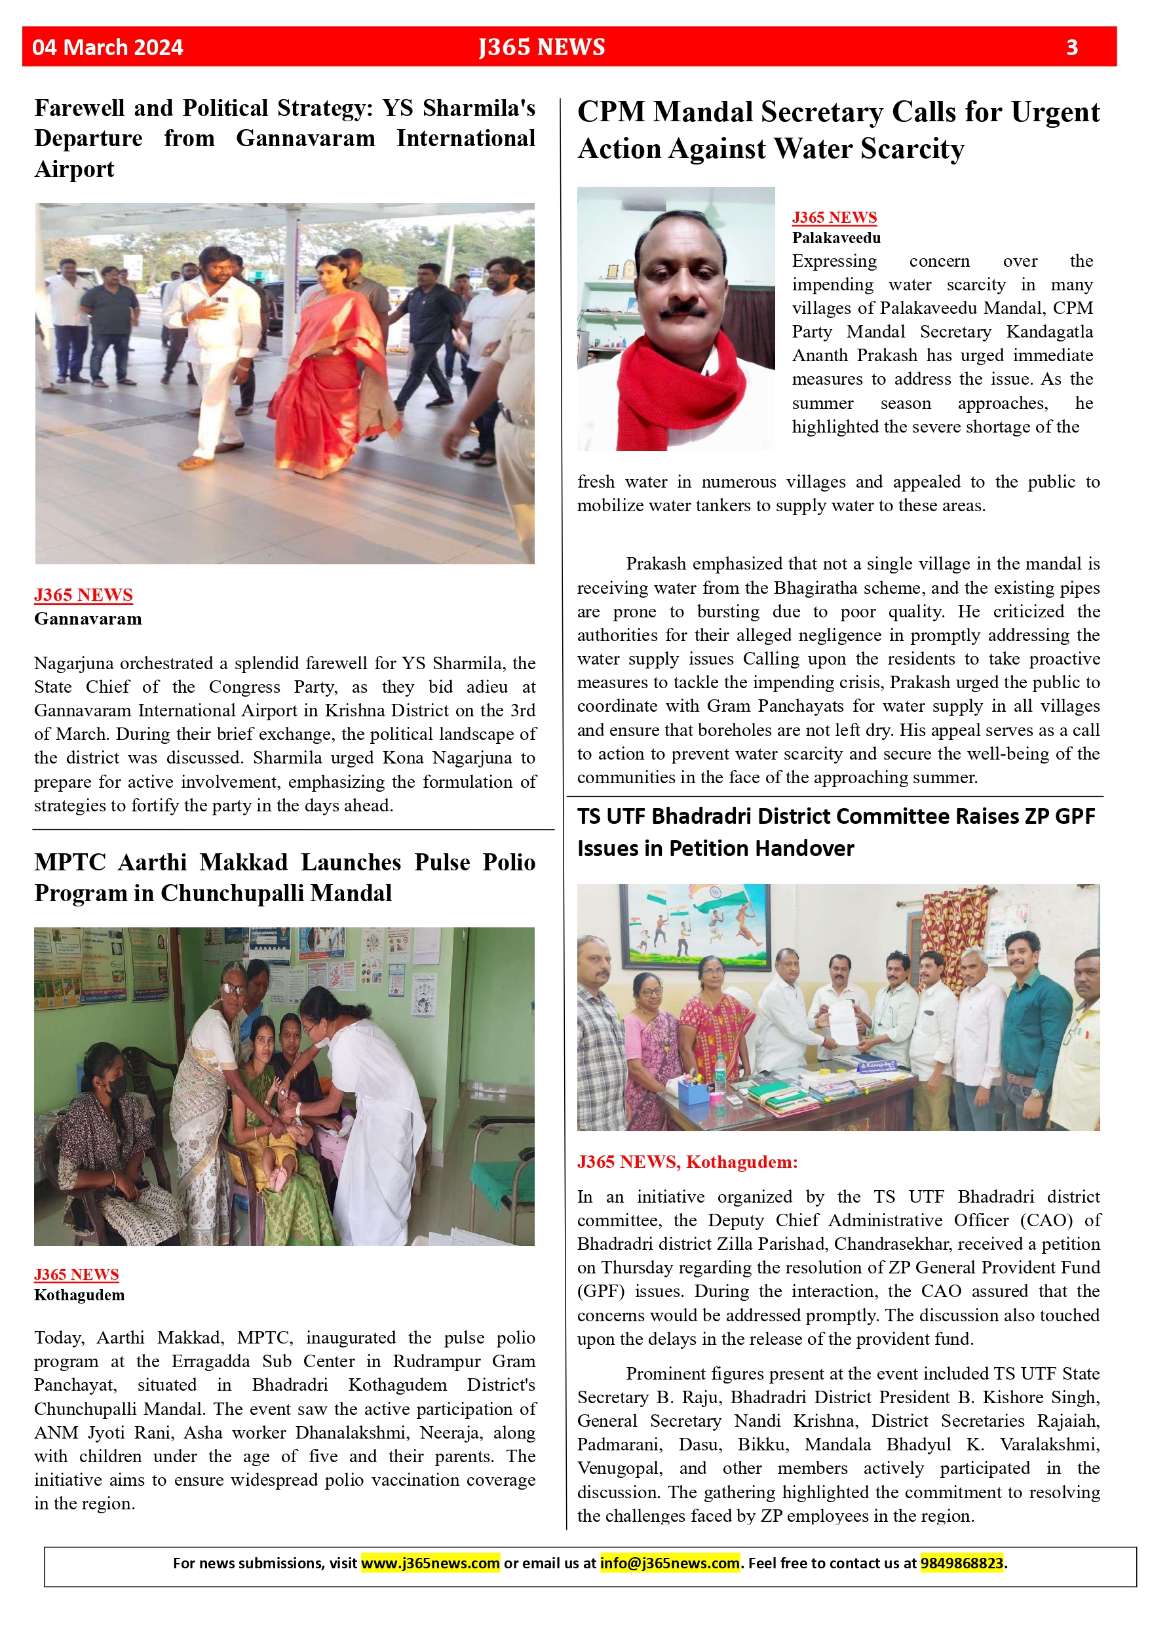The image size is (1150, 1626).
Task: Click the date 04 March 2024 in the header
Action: pos(107,47)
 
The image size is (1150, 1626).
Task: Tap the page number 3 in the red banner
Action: pos(1071,47)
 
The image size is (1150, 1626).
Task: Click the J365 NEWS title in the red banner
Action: pos(542,47)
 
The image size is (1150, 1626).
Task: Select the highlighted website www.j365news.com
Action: pos(430,1562)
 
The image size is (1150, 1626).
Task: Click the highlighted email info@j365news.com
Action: pos(669,1562)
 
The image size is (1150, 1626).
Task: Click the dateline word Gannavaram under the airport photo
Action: pos(88,619)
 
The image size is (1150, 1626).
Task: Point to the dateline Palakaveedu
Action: pos(835,238)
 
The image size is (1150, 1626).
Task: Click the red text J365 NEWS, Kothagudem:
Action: pos(687,1162)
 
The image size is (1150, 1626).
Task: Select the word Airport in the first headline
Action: pos(74,170)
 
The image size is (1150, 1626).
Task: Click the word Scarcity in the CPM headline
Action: pos(912,149)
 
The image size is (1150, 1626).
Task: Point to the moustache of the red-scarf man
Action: pos(682,309)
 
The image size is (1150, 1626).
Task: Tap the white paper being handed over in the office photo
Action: pos(843,1022)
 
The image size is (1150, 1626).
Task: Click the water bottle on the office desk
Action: pos(719,1073)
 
